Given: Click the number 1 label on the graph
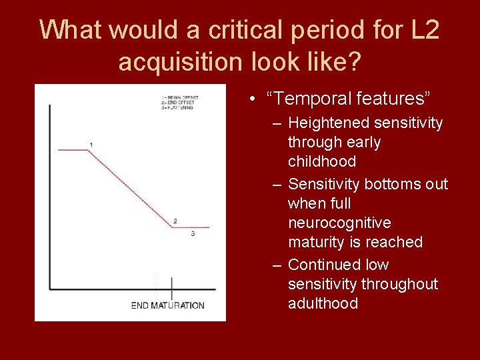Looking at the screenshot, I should coord(91,145).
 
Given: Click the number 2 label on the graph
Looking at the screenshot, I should coord(175,221).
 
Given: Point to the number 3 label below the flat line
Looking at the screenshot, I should coord(193,234).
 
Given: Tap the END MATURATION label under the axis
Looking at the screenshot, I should coord(167,305).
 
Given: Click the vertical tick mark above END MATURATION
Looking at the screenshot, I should coord(171,288).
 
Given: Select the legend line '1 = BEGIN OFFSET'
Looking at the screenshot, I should coord(179,97).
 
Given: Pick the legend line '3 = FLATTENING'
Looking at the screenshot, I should coord(177,107).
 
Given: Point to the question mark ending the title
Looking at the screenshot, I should coord(355,63).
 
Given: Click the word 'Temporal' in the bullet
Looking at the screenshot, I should coord(313,99).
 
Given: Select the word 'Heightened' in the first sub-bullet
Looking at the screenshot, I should coord(329,123).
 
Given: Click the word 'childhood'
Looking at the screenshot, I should coord(321,161).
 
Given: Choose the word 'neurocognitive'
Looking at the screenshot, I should coord(339,222).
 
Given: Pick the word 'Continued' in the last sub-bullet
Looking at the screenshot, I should coord(323,265).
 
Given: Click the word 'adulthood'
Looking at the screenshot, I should coord(323,303).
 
